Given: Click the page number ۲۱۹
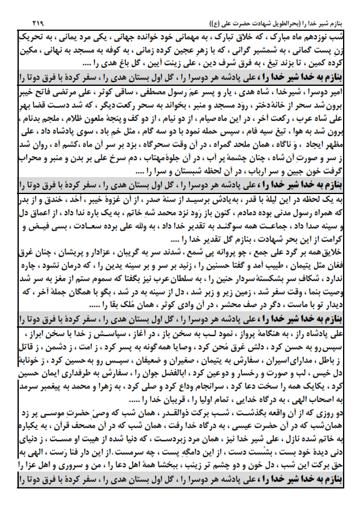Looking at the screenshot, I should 23,22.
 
